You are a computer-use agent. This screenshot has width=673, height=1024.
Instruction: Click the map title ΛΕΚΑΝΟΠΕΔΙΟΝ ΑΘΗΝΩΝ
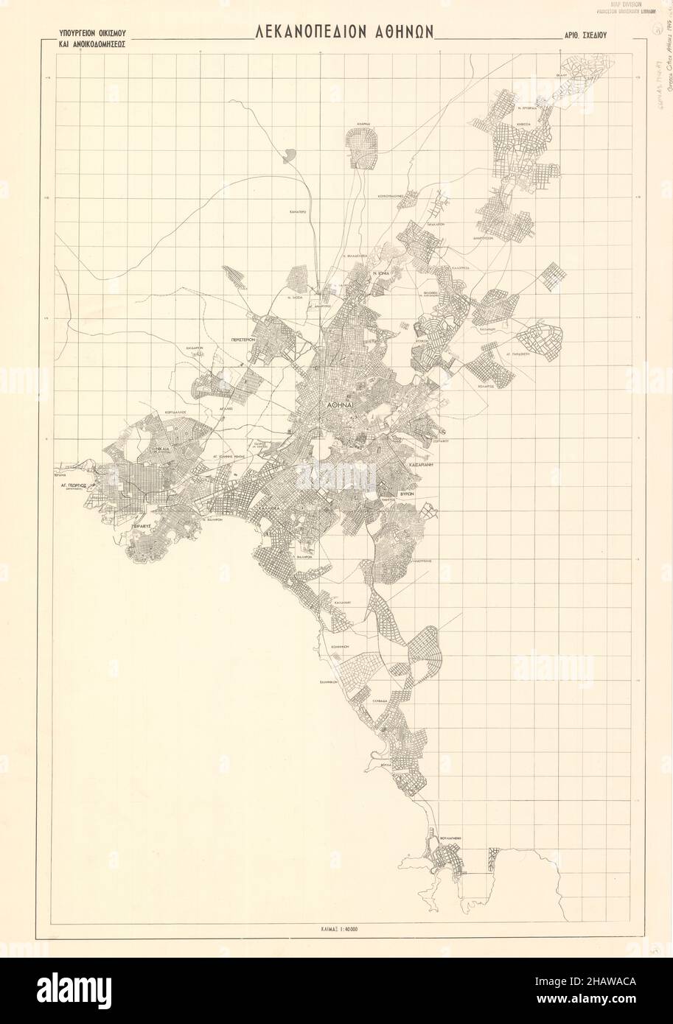(x=344, y=32)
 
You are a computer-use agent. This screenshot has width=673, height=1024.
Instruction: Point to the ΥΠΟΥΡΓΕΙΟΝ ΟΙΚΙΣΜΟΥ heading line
(x=86, y=33)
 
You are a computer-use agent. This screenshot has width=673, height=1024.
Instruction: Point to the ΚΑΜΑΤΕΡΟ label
(x=298, y=211)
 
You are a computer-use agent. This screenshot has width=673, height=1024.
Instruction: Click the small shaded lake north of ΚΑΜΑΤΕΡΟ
(x=288, y=155)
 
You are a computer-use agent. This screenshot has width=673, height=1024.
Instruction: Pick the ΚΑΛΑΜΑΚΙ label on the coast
(x=341, y=602)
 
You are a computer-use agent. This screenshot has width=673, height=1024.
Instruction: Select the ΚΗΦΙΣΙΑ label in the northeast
(x=524, y=125)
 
